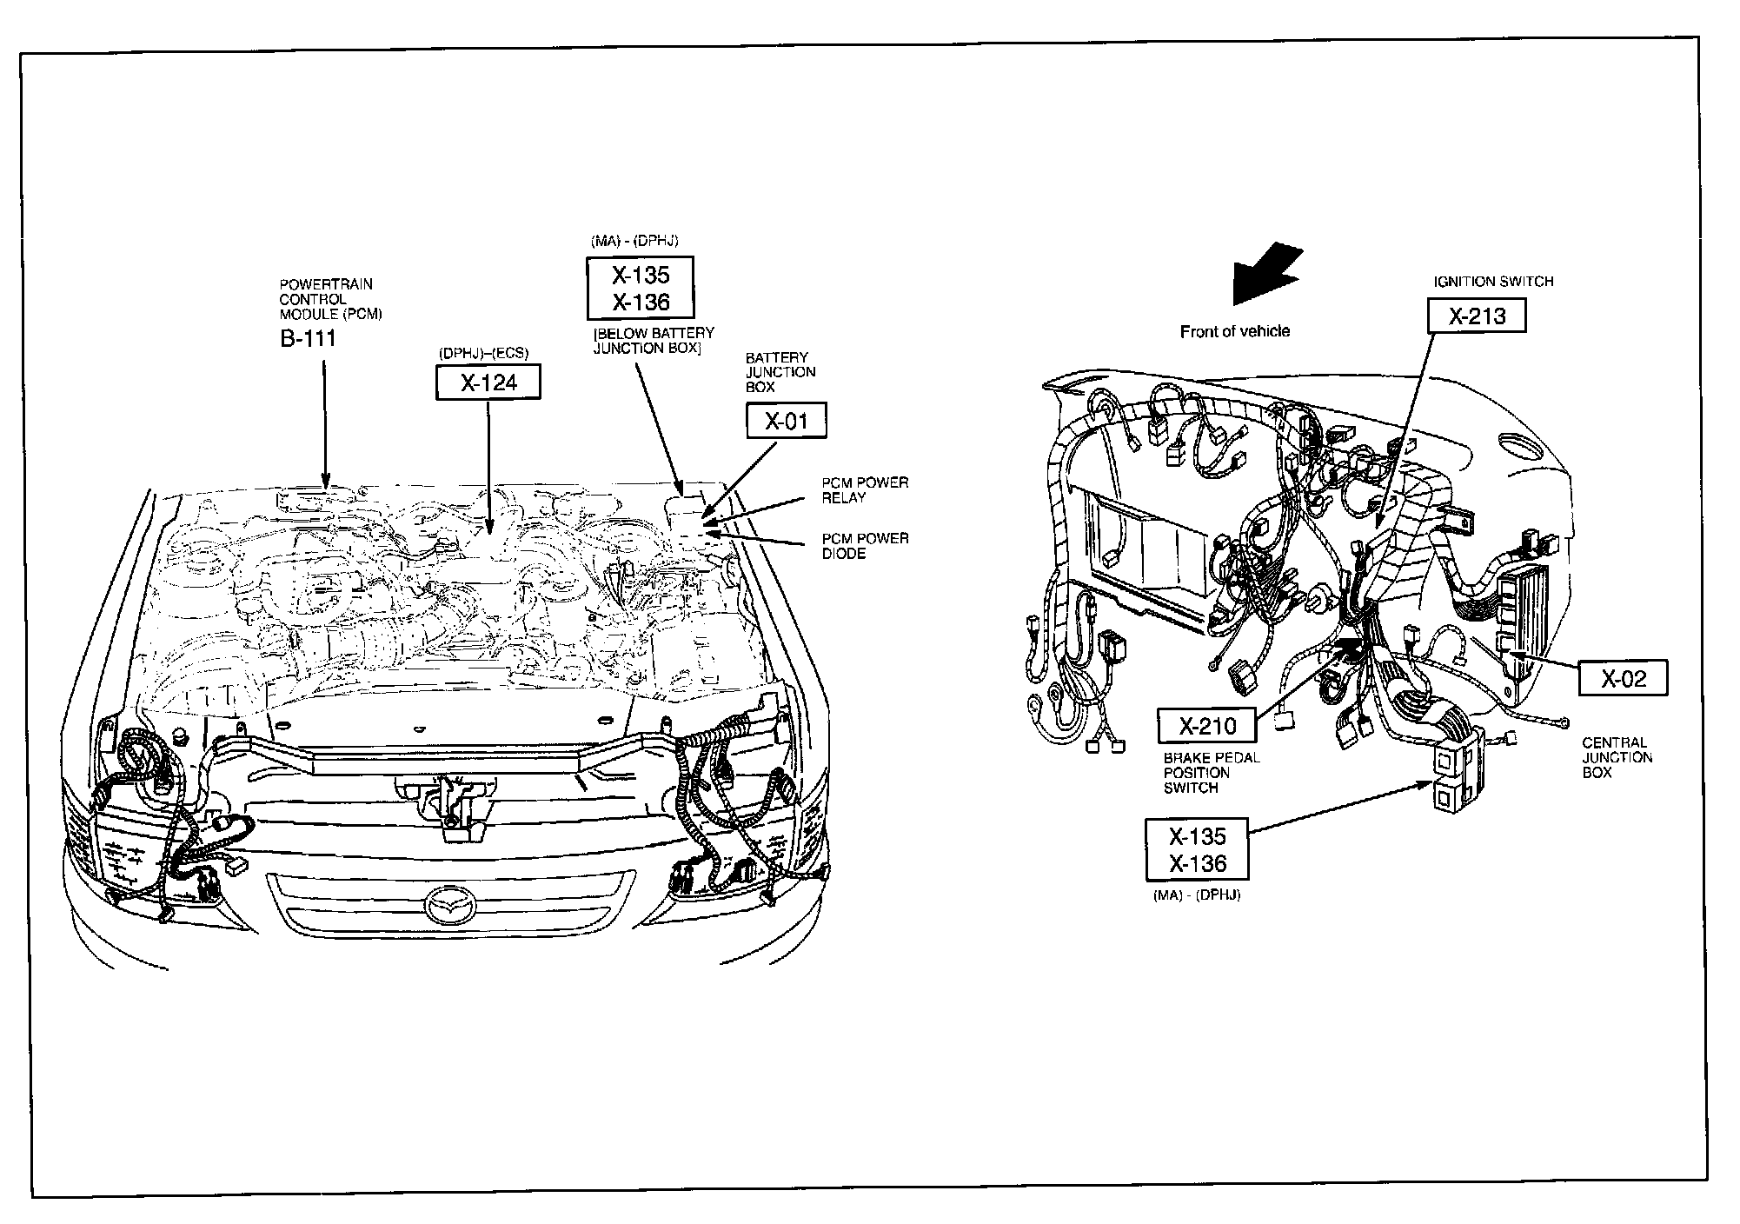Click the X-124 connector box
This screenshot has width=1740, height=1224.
tap(488, 382)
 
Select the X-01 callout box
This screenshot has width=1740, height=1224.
tap(786, 422)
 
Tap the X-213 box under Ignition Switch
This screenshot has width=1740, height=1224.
tap(1477, 316)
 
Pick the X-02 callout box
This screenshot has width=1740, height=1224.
tap(1623, 678)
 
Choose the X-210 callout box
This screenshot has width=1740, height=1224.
tap(1208, 725)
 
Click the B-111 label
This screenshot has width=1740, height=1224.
tap(308, 338)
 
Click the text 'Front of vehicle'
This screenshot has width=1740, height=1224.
tap(1234, 331)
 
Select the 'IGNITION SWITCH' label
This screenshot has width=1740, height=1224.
tap(1492, 282)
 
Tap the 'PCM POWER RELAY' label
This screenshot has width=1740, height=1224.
tap(865, 490)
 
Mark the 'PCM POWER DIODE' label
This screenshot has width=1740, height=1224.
tap(865, 546)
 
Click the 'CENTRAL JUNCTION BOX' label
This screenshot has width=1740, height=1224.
tap(1617, 757)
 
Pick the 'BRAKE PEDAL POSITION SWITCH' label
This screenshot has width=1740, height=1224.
tap(1211, 773)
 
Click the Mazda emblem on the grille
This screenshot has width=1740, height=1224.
tap(451, 907)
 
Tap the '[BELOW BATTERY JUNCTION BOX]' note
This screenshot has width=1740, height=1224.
tap(653, 341)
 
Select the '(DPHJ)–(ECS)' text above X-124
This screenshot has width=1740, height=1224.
tap(483, 353)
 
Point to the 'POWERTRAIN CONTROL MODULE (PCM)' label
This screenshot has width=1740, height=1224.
tap(330, 299)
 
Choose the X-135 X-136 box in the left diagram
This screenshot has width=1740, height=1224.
tap(641, 288)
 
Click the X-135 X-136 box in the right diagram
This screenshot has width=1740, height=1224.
tap(1197, 849)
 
